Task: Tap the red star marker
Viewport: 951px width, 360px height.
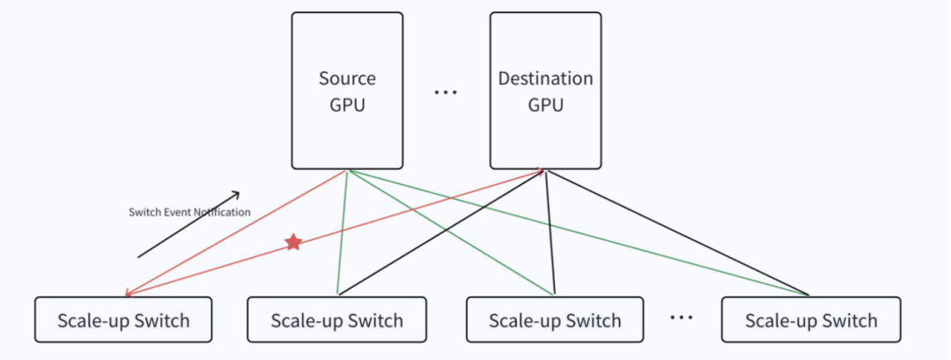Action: [293, 242]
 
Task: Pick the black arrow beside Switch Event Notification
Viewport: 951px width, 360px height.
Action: [188, 224]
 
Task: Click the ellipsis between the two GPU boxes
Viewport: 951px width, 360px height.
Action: [446, 92]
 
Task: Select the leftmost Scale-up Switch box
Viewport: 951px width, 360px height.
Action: [124, 320]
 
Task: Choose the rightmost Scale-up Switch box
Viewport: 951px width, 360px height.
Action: [811, 320]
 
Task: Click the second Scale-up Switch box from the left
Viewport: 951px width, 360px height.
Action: [336, 320]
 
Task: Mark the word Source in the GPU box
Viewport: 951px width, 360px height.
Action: [347, 78]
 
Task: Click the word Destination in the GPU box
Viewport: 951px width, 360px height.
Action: [546, 78]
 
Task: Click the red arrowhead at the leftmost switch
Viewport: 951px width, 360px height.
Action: [129, 294]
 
